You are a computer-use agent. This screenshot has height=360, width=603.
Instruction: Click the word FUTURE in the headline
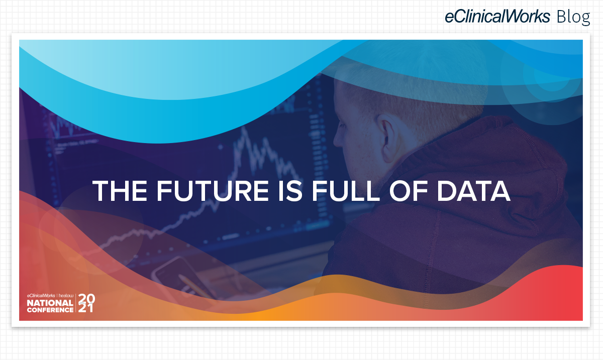pyautogui.click(x=213, y=191)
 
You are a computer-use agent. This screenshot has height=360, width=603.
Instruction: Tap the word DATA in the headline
pyautogui.click(x=473, y=191)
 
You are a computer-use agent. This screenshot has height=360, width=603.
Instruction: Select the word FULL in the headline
pyautogui.click(x=345, y=191)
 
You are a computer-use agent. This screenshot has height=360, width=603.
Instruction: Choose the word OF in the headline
pyautogui.click(x=409, y=191)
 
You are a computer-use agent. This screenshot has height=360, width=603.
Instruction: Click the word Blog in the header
pyautogui.click(x=573, y=17)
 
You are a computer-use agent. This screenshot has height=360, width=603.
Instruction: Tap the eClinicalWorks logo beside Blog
pyautogui.click(x=497, y=16)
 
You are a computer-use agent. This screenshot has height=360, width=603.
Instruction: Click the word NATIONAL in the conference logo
pyautogui.click(x=50, y=303)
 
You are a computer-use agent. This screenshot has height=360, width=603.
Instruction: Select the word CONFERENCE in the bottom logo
pyautogui.click(x=50, y=310)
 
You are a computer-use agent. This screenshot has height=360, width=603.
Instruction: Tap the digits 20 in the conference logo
pyautogui.click(x=86, y=298)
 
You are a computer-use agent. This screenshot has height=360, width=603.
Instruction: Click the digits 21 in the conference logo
pyautogui.click(x=86, y=308)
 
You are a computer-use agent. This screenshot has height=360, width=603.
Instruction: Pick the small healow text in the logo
pyautogui.click(x=66, y=296)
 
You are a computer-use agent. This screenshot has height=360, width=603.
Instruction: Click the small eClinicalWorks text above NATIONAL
pyautogui.click(x=41, y=296)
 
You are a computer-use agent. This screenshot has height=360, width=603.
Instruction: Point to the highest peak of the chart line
pyautogui.click(x=244, y=128)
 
